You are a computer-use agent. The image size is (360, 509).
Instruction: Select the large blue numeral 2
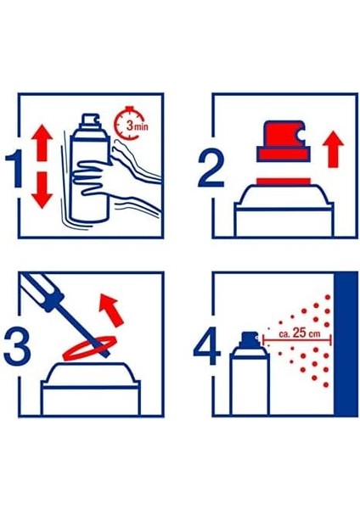coord(211,169)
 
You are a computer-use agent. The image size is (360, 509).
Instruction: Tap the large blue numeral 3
coord(17,347)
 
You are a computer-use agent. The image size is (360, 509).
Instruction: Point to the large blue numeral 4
coord(207,346)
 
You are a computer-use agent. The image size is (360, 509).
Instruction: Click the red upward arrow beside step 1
coord(42,143)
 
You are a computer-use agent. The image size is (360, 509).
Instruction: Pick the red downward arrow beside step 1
coord(42,190)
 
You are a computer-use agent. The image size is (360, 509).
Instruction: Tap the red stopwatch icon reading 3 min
coord(130,123)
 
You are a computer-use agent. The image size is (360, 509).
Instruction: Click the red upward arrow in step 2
coord(333,149)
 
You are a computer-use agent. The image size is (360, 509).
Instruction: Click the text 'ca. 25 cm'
coord(299,333)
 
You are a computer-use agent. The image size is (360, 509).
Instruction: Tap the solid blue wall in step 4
coord(346,344)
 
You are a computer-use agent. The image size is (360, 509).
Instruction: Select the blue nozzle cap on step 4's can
coord(248,338)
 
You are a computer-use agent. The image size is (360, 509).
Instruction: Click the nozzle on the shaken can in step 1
coord(91,120)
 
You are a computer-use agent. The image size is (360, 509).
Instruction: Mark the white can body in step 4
coord(250,383)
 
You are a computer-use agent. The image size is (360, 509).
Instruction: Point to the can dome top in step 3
coord(91,373)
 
